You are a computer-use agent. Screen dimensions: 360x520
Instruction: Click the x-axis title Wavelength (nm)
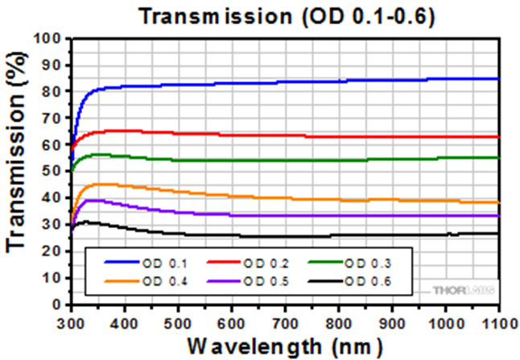click(285, 346)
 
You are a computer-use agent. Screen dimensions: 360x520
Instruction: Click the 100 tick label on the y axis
click(51, 38)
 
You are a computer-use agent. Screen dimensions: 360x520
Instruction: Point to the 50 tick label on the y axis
click(54, 172)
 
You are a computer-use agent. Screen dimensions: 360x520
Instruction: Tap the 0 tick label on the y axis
click(57, 305)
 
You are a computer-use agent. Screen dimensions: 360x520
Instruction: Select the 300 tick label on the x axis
click(72, 321)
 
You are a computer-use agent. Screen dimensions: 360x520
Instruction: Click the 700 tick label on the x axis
click(286, 321)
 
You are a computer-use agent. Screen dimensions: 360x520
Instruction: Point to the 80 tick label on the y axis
click(54, 91)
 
